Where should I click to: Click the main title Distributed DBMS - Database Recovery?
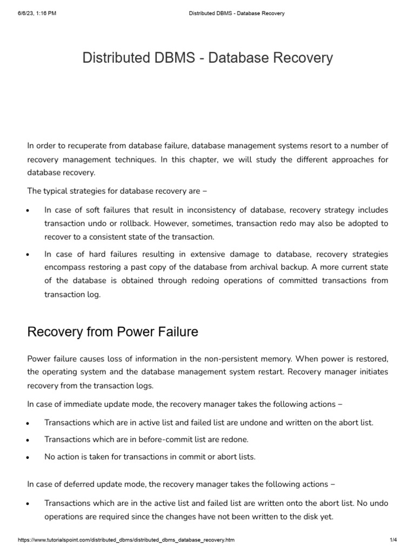coord(207,58)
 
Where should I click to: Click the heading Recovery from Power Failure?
coord(112,332)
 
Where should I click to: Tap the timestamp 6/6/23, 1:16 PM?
coord(36,13)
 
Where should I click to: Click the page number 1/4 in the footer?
coord(393,540)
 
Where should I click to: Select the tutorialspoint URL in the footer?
coord(126,540)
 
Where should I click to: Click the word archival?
coord(292,267)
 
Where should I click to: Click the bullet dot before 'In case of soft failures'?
coord(27,210)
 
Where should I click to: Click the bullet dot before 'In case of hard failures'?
coord(27,255)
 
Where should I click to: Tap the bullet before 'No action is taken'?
coord(27,457)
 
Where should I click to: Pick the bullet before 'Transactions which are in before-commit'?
coord(27,440)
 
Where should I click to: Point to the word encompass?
coord(68,267)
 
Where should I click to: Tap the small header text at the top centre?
coord(237,13)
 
